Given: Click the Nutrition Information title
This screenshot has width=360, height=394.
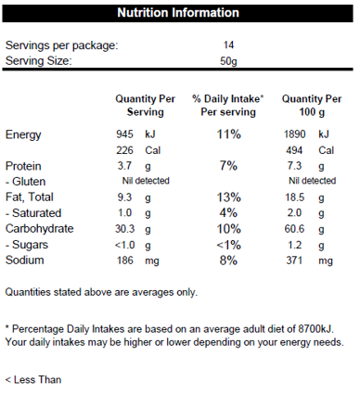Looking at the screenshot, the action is [178, 13].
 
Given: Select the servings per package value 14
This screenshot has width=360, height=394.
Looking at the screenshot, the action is [228, 45].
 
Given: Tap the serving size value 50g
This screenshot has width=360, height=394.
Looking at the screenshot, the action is [228, 61].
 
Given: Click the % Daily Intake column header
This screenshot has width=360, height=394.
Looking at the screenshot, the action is [228, 106].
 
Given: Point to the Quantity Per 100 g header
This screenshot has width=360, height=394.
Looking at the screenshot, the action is [312, 106].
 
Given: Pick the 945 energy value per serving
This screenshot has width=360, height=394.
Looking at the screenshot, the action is [124, 134].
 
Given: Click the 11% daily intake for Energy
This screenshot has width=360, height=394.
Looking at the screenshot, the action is [228, 134].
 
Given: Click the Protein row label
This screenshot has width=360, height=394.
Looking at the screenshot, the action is [23, 166].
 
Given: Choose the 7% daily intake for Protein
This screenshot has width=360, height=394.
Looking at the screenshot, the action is [228, 166].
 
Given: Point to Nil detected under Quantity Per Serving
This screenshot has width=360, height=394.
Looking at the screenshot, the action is [146, 181].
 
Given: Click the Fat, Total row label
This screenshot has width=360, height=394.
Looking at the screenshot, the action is [30, 197].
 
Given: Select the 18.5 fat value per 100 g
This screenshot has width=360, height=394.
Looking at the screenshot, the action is [295, 197].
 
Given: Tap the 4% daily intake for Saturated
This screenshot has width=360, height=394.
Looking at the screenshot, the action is [228, 212].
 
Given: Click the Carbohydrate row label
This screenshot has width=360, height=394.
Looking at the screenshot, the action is [40, 229].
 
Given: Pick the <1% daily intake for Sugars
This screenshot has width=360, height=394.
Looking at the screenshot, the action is [228, 245].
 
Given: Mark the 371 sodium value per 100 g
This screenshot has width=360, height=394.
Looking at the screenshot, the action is [294, 261].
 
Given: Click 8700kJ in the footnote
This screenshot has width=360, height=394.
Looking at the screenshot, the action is [315, 329].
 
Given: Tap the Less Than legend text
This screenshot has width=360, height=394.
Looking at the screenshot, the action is [33, 379].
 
